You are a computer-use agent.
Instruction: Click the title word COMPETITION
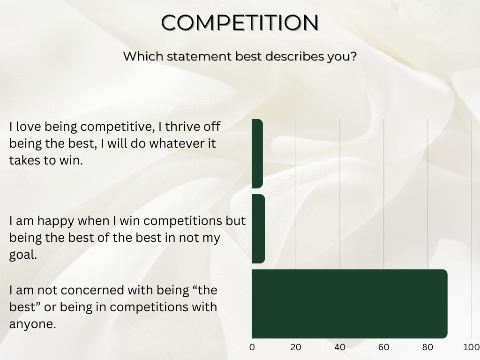240,22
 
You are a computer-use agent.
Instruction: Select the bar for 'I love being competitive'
257,153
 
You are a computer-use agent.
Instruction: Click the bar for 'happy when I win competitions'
258,229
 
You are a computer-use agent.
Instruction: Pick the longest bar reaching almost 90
349,304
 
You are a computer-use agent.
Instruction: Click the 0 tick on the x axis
252,347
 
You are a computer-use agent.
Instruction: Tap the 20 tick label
296,347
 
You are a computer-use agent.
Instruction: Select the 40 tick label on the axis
340,347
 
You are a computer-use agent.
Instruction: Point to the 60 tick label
384,347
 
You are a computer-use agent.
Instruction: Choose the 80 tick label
427,347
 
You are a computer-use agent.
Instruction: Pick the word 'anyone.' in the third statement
32,324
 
